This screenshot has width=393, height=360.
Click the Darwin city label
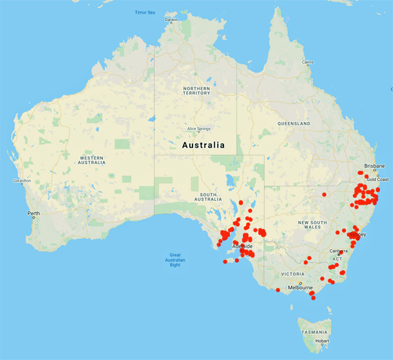click(x=171, y=20)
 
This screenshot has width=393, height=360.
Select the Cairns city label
click(x=307, y=62)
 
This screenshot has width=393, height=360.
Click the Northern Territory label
click(x=196, y=90)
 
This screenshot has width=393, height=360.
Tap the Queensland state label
click(x=293, y=123)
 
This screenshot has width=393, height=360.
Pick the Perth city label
click(x=33, y=214)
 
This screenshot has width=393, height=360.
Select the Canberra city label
click(x=339, y=250)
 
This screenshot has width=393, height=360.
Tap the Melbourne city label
click(x=314, y=287)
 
